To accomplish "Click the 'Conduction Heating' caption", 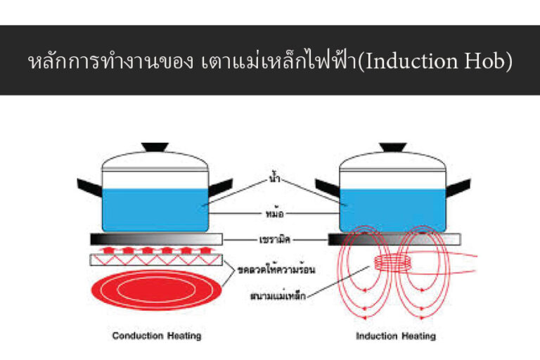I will [156, 336].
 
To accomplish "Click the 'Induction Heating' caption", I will [395, 336].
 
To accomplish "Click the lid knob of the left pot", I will [155, 147].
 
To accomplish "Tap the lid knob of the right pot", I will [392, 147].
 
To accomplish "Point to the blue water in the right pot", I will [392, 207].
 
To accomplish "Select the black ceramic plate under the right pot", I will [392, 239].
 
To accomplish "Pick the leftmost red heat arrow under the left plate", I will [107, 250].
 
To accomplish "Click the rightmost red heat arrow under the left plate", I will [205, 250].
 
